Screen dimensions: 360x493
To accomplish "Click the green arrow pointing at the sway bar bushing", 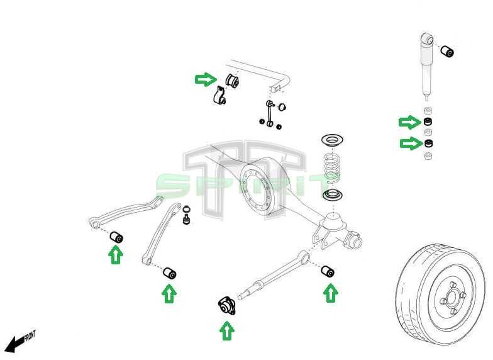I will tap(205, 79).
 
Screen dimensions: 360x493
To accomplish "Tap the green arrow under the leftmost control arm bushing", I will tap(115, 254).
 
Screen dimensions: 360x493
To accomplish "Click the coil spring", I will tap(332, 167).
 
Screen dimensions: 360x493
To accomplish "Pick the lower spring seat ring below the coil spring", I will tap(333, 194).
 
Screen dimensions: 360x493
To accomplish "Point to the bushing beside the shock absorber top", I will tap(447, 51).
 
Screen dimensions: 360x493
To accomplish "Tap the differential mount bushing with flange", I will tap(227, 306).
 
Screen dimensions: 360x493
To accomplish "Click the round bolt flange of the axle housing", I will tap(257, 188).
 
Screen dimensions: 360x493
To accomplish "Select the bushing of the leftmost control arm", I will tap(116, 237).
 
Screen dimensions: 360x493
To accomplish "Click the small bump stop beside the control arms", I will tap(186, 217).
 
